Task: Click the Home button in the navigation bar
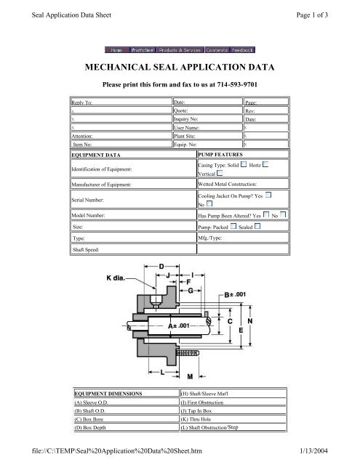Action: coord(115,50)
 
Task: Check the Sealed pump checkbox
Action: coord(258,227)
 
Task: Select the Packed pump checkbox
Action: coord(232,227)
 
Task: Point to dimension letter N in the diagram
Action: coord(250,320)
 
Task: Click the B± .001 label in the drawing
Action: coord(238,295)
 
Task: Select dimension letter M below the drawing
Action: coord(191,376)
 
